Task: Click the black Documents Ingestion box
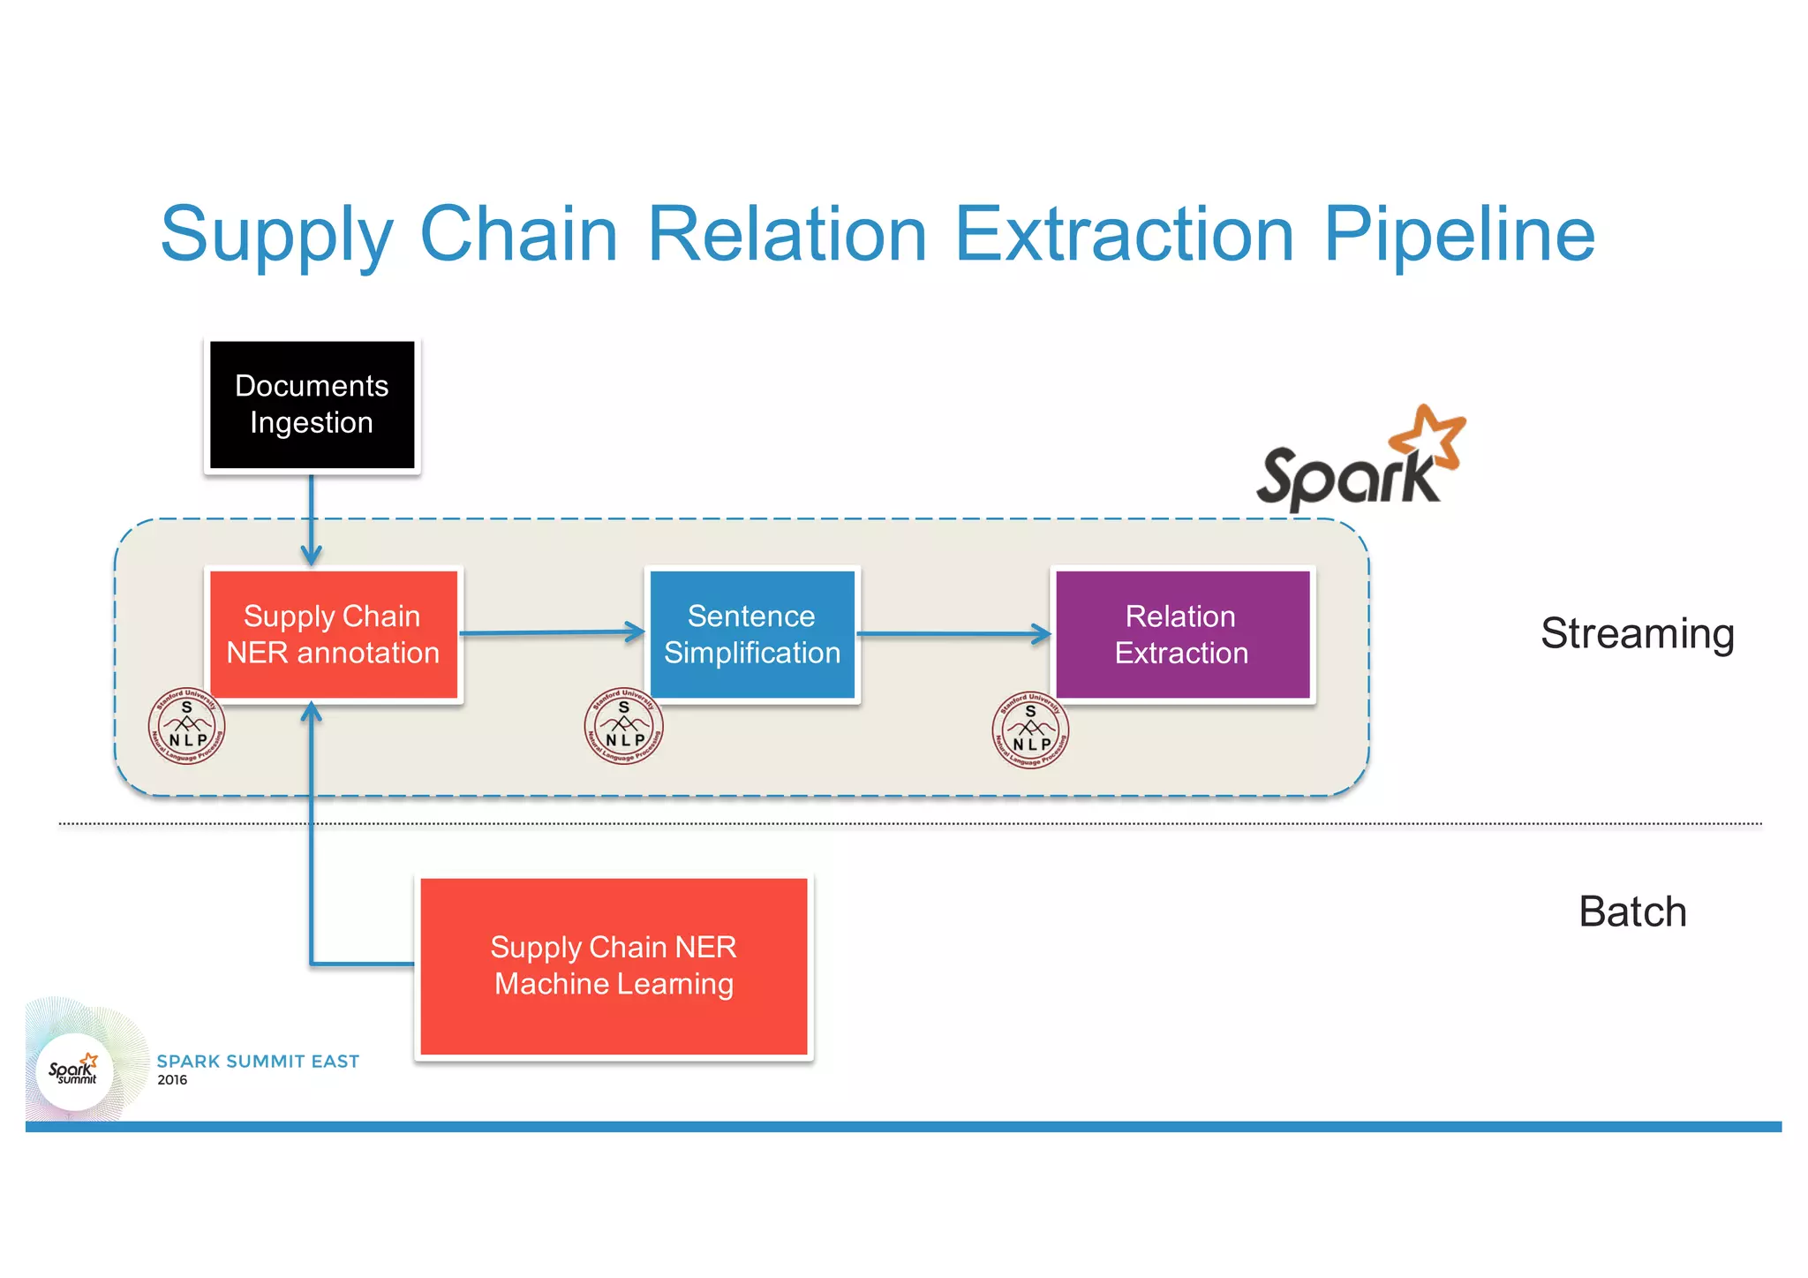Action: (312, 405)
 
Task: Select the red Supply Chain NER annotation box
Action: (333, 634)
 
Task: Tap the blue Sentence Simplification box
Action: (752, 634)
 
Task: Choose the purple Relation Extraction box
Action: (1182, 634)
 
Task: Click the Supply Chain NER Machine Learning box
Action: (614, 966)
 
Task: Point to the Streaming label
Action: (1638, 634)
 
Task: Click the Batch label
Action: (1632, 911)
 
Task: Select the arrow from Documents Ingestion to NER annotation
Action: (312, 521)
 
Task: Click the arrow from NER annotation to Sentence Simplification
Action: (552, 632)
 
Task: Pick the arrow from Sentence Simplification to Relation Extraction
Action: (953, 633)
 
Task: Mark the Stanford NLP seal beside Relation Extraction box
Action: (1030, 730)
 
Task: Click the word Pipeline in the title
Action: (1458, 235)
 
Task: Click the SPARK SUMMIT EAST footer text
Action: (258, 1061)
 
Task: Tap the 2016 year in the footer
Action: (172, 1080)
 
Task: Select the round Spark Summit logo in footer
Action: (74, 1070)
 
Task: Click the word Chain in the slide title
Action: (518, 235)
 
